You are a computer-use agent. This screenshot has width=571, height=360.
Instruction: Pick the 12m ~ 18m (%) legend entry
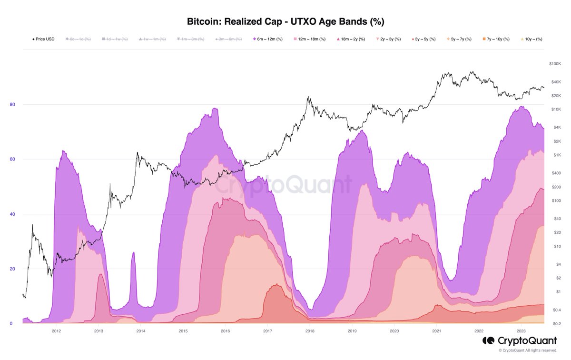310,39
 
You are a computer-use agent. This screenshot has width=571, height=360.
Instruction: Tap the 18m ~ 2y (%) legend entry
353,39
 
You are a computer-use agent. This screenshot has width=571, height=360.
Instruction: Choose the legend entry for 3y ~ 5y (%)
423,39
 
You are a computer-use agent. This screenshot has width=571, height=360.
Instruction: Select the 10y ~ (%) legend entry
532,39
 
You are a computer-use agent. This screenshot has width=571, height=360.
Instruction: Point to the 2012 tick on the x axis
56,330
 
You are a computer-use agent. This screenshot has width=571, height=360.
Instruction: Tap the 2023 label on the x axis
521,330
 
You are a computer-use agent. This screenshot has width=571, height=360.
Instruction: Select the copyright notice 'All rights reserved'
527,350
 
